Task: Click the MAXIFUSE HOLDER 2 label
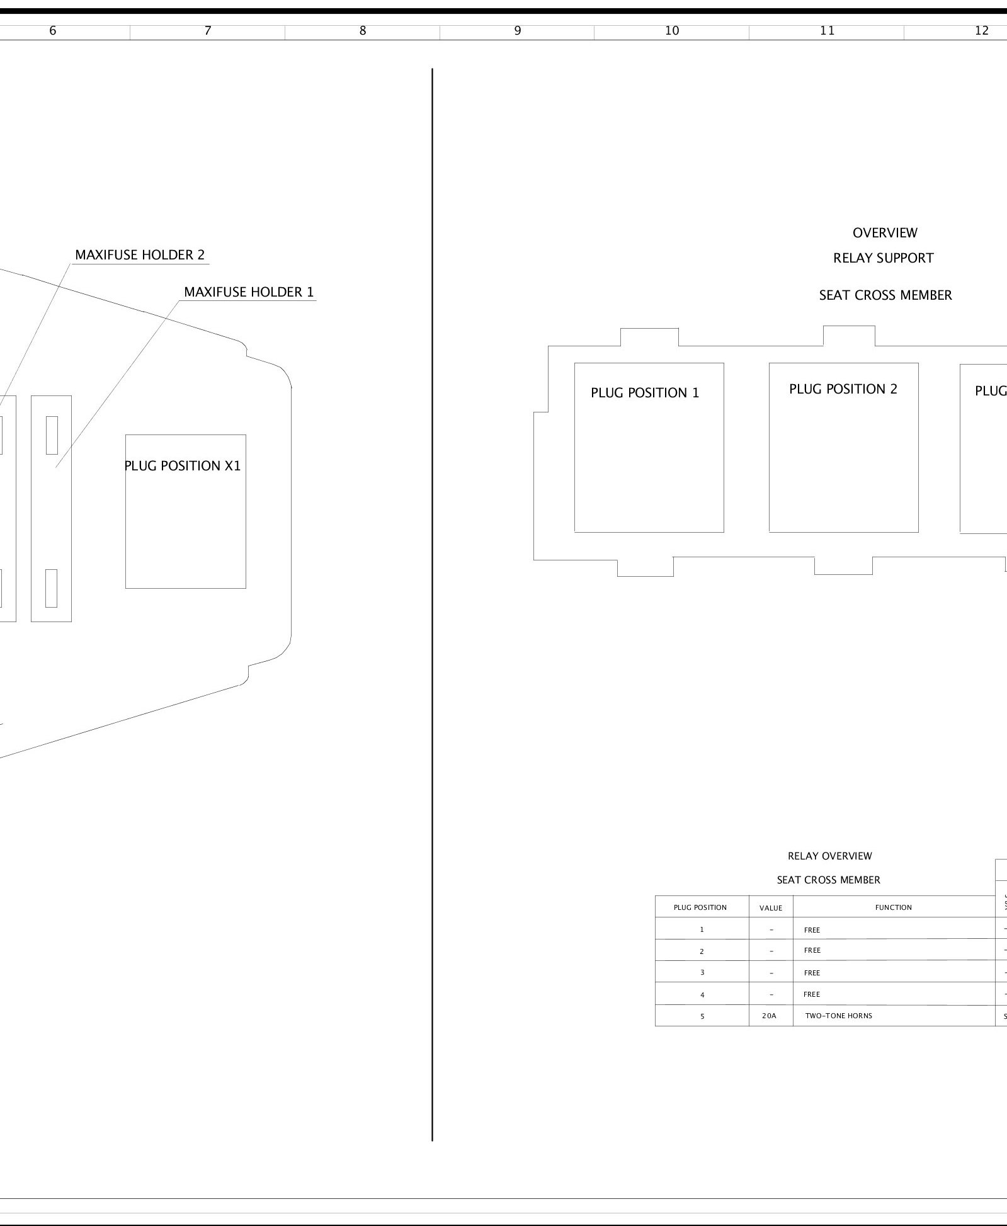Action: [x=140, y=255]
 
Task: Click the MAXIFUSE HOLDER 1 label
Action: [x=249, y=292]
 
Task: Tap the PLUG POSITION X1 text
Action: [x=183, y=466]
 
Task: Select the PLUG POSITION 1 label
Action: [x=645, y=393]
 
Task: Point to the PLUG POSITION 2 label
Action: [x=843, y=389]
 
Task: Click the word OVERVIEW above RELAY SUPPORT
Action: [x=885, y=233]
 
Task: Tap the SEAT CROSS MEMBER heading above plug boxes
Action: [x=885, y=295]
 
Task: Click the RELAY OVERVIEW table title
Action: [x=830, y=856]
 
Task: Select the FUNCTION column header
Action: [x=894, y=907]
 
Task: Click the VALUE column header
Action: [x=771, y=908]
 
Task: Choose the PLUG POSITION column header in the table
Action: [x=700, y=907]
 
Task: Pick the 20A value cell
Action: [x=769, y=1016]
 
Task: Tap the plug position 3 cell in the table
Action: [x=702, y=973]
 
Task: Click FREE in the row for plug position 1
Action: [x=812, y=930]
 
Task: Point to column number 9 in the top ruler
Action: [x=517, y=31]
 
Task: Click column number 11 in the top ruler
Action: [x=827, y=31]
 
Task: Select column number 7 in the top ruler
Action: [x=208, y=31]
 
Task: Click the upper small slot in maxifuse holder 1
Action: [x=52, y=435]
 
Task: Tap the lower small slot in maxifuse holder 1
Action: [x=51, y=588]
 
